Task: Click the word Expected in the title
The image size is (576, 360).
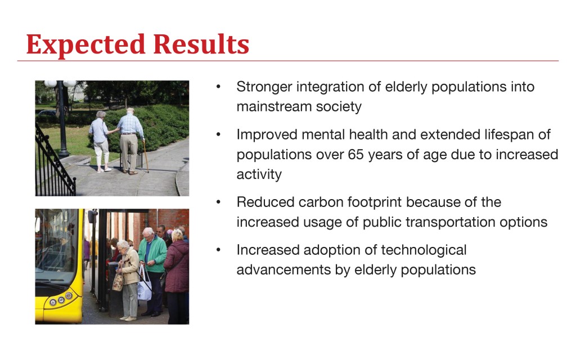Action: point(86,45)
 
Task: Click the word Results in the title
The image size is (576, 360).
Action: point(201,44)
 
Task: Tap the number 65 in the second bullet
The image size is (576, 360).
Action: point(355,154)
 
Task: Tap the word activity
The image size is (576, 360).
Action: point(259,174)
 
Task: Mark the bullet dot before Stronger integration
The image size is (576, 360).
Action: point(219,87)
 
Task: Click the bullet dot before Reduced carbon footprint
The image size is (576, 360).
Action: point(219,202)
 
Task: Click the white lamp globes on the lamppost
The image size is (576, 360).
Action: point(60,84)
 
